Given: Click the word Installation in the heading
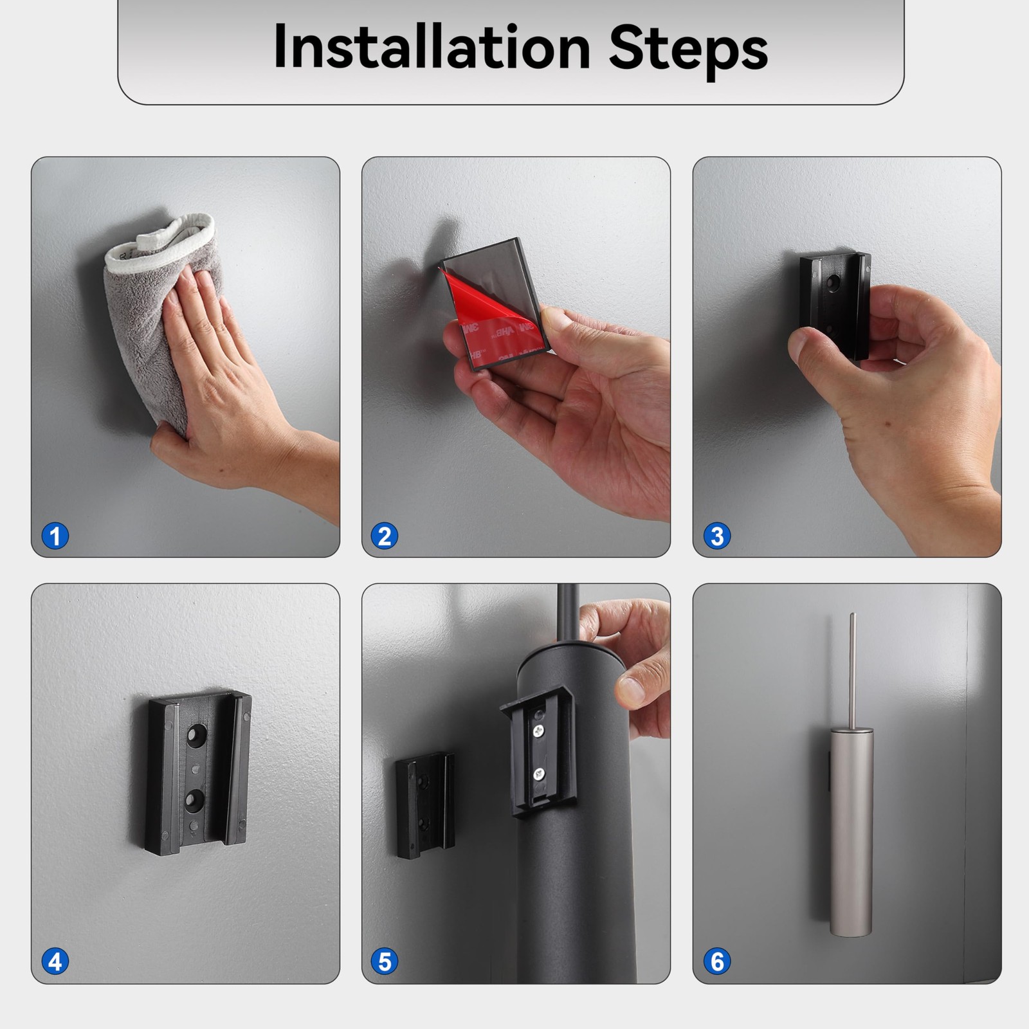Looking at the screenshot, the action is click(432, 47).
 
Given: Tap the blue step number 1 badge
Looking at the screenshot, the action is click(55, 536).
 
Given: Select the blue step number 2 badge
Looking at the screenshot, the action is click(385, 536).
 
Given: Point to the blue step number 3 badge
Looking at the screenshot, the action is click(717, 536).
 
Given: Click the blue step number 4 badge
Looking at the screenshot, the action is click(55, 961).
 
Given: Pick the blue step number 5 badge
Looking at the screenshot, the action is click(385, 961).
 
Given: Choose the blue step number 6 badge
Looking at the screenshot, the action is click(717, 961).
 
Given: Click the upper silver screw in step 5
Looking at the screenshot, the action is click(538, 730).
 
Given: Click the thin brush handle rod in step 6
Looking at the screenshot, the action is click(852, 669).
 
